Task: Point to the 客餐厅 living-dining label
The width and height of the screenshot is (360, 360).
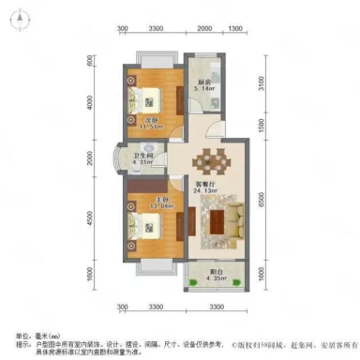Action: click(x=203, y=184)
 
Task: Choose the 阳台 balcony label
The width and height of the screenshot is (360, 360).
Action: click(x=217, y=271)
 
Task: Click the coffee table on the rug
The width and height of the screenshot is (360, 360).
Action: click(x=218, y=221)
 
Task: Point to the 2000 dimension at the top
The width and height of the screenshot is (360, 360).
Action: click(x=204, y=29)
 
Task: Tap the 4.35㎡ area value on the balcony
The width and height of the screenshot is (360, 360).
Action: click(x=217, y=279)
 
